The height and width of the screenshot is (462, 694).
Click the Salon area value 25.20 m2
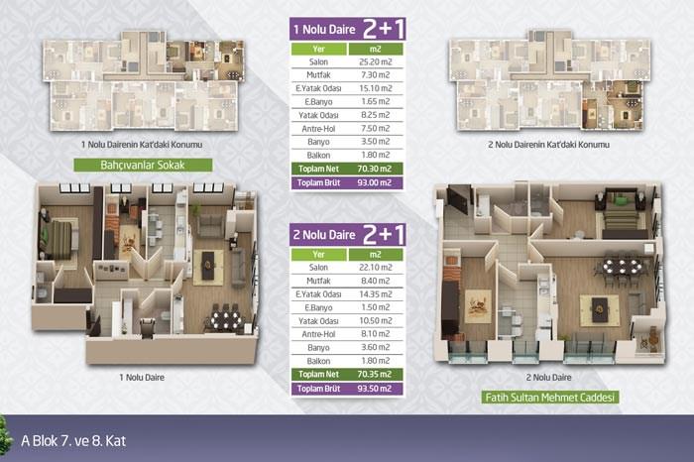coord(376,61)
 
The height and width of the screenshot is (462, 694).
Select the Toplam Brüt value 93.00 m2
coord(375,182)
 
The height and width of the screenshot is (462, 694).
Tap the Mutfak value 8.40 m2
coord(376,281)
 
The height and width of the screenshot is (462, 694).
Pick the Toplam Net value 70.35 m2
coord(375,374)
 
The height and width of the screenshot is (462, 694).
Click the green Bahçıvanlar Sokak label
coord(143,165)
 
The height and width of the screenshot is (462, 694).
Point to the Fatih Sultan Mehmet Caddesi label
coord(549,398)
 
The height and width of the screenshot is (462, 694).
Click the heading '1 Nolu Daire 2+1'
coord(348,29)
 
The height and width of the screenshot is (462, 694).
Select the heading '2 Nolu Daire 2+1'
coord(348,235)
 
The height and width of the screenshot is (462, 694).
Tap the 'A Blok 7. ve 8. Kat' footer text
coord(73,441)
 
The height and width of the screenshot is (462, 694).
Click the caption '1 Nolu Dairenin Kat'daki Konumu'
coord(142,145)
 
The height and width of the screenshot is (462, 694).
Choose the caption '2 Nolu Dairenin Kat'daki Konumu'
coord(549,145)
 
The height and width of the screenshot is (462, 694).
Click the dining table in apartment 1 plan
coord(226,318)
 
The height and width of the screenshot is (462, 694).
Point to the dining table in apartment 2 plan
coord(623,267)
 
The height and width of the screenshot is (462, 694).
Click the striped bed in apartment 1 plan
coord(59,240)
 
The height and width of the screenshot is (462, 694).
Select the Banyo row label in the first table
coord(318,142)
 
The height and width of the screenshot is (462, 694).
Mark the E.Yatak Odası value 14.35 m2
coord(376,293)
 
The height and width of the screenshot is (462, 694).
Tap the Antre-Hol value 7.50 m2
coord(376,128)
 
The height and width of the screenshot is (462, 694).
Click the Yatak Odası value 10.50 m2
coord(376,320)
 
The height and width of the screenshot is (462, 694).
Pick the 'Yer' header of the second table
coord(318,255)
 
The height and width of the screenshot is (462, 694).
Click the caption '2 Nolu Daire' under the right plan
coord(549,378)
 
